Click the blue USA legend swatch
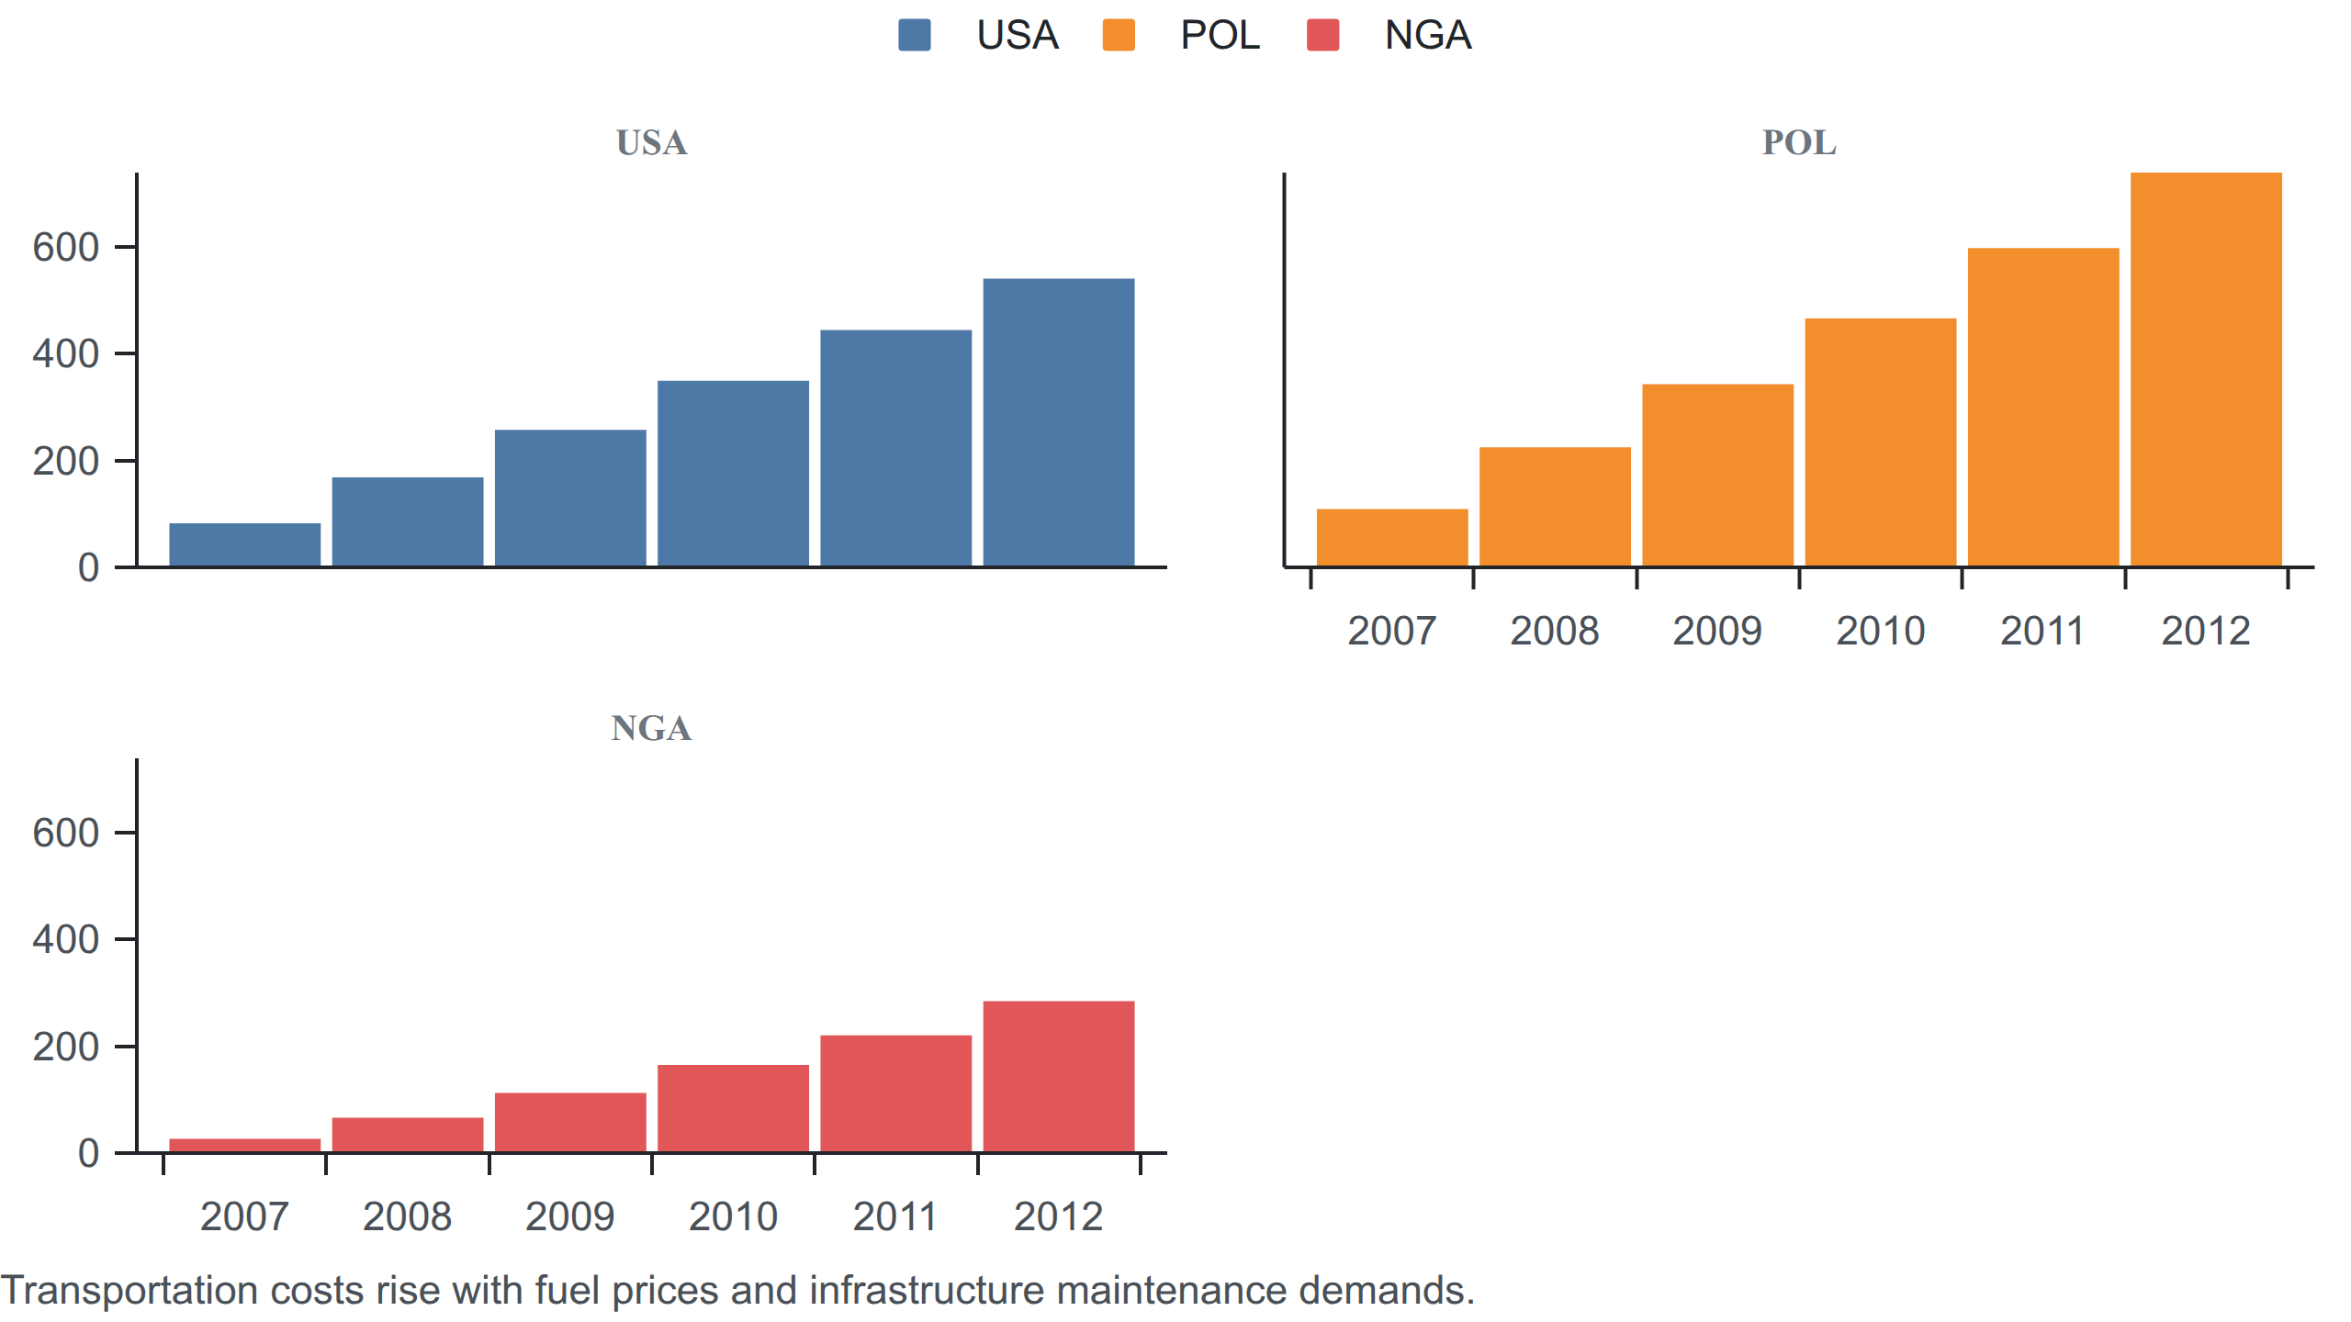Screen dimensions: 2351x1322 click(914, 35)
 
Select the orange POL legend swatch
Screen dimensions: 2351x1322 click(1118, 35)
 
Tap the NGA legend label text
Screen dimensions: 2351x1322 click(1428, 35)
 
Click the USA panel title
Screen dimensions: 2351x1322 click(651, 142)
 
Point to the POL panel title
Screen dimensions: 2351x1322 click(1799, 142)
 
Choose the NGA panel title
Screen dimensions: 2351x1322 click(651, 728)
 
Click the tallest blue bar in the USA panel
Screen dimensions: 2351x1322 click(1059, 422)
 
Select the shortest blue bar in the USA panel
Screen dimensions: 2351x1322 click(245, 544)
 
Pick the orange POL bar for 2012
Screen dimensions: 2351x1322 click(2206, 369)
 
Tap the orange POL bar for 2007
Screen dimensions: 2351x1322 click(1392, 537)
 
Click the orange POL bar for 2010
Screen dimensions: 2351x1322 click(1881, 443)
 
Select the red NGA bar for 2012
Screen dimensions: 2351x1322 click(1059, 1076)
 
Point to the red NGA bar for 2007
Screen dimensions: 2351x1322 click(245, 1145)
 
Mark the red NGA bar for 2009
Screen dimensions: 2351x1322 click(570, 1122)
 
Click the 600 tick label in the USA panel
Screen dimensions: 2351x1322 click(66, 247)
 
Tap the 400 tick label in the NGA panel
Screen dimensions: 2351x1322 click(66, 939)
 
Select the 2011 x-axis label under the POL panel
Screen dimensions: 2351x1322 click(2042, 631)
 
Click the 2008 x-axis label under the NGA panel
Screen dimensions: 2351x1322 click(407, 1216)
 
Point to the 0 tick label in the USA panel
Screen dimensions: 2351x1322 click(89, 567)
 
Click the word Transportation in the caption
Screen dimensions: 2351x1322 click(130, 1291)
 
